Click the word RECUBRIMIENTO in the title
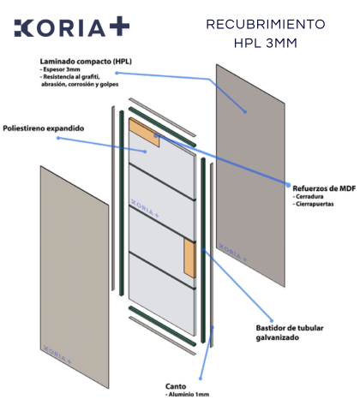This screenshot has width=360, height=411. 266,24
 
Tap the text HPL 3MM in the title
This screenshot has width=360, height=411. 266,43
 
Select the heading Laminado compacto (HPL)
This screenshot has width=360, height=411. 86,62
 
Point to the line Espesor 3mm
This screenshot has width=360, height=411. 60,69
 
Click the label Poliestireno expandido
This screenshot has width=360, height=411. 44,128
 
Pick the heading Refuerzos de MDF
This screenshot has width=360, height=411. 324,188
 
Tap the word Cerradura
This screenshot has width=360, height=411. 308,197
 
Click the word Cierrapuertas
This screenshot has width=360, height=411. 313,204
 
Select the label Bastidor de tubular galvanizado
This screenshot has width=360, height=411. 290,333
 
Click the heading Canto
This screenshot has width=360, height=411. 176,386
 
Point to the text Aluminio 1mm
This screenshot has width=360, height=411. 188,395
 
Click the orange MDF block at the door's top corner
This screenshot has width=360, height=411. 144,132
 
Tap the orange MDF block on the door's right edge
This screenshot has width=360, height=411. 190,258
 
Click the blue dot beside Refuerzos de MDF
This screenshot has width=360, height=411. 288,185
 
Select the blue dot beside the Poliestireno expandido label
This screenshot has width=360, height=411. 58,138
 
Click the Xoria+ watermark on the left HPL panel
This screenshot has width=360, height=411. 57,354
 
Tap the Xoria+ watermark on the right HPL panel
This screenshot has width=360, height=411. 232,253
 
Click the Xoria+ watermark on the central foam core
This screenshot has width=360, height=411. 145,208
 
